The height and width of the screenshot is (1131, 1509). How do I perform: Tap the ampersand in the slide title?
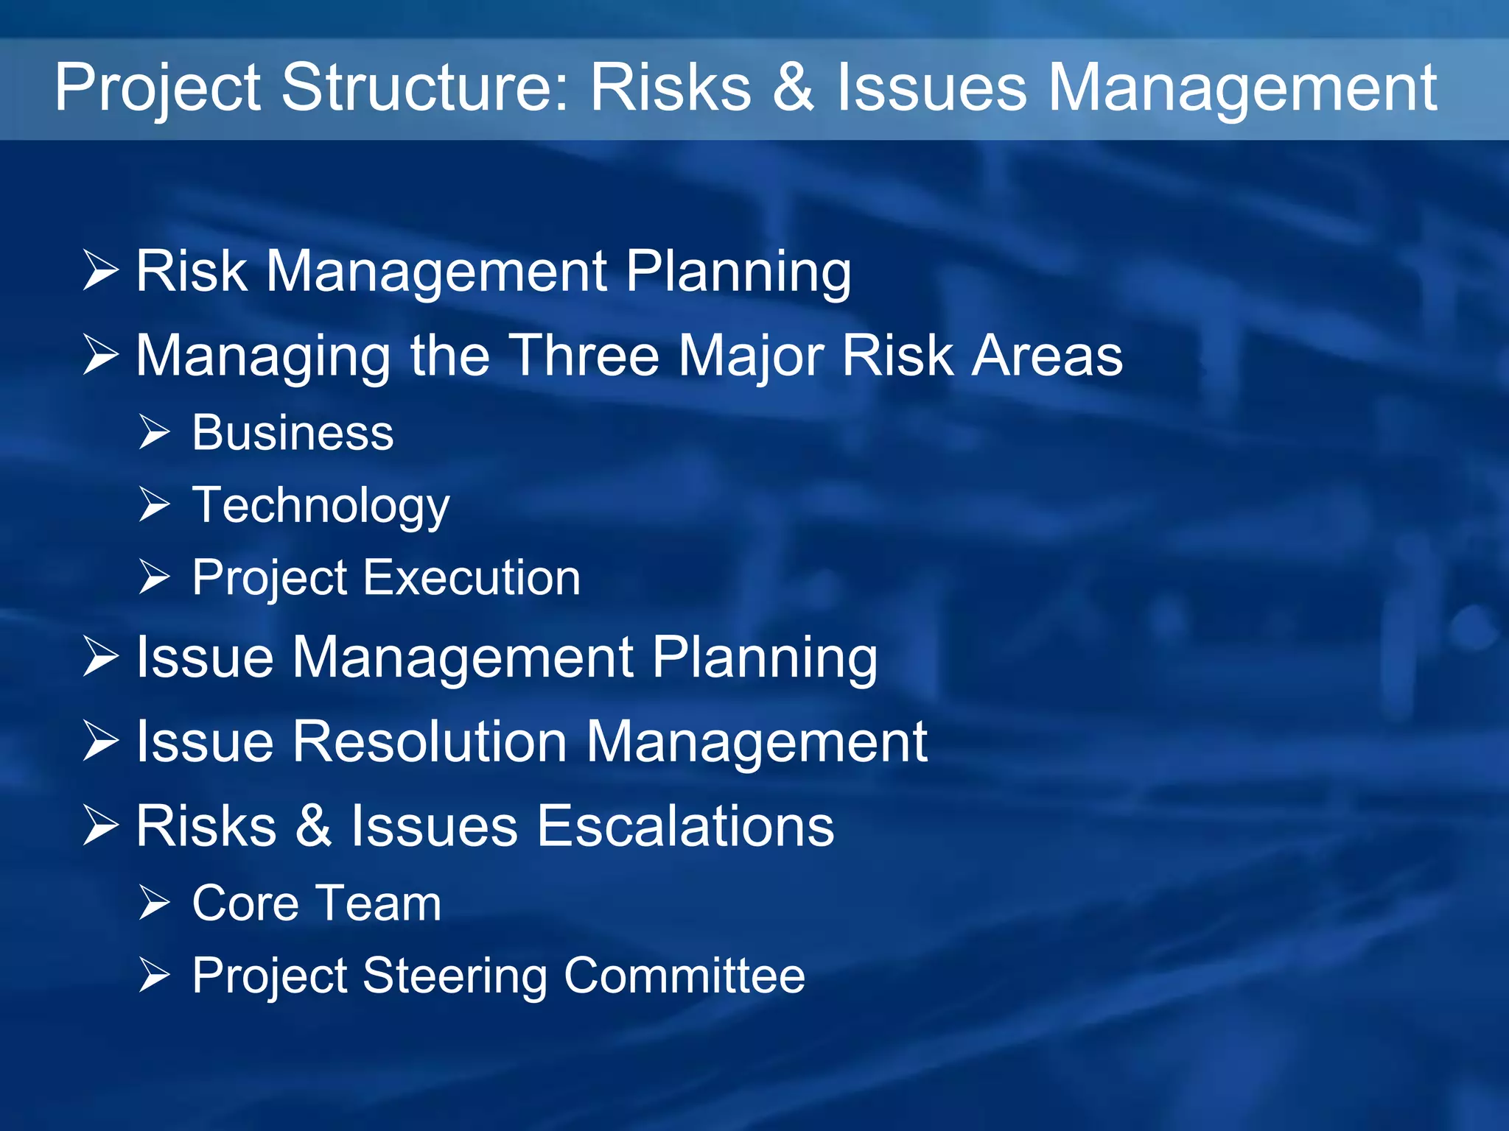794,88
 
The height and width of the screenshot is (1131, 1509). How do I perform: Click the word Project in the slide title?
157,88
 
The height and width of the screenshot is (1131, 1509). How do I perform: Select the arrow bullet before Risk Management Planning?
100,270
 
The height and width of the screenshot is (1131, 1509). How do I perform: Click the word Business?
293,432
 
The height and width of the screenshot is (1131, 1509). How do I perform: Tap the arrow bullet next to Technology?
155,504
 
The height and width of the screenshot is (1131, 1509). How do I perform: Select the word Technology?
321,506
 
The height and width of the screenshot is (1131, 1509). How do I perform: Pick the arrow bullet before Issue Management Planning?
100,656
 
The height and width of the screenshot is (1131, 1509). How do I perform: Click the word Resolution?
430,741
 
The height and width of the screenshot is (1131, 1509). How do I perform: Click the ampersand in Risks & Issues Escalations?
314,826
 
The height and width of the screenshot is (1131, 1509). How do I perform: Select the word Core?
245,903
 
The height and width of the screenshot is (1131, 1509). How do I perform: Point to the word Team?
380,903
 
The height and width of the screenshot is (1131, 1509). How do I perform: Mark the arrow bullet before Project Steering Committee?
155,976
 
